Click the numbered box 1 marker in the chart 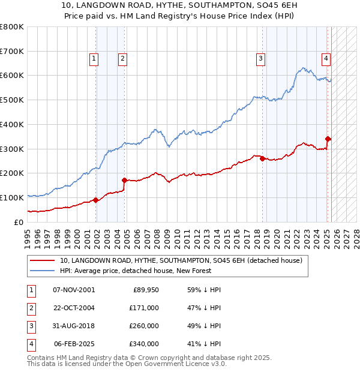coord(95,59)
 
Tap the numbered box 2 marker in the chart coord(122,59)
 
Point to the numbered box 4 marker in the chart coord(325,59)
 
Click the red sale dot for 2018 coord(263,158)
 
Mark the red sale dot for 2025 coord(328,139)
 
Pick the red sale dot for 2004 coord(124,180)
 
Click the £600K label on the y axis coord(12,76)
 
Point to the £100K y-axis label coord(12,197)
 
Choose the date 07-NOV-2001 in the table coord(74,290)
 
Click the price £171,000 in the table coord(144,308)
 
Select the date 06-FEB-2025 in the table coord(74,344)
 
